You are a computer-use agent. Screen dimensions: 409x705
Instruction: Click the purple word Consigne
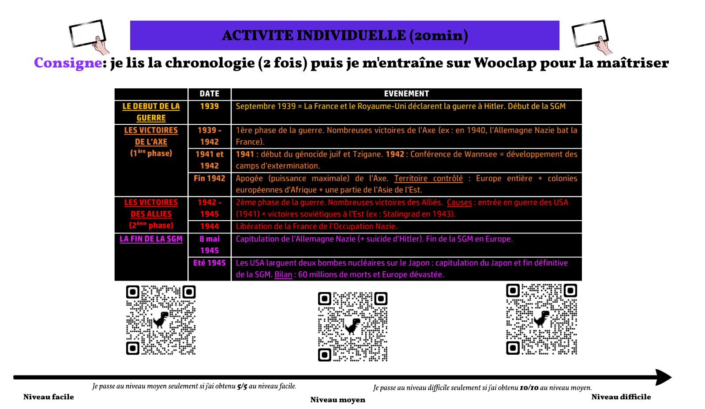coord(68,63)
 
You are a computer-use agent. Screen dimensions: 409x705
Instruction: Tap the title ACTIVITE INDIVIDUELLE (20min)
coord(345,35)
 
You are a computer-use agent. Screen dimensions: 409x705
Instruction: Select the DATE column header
coord(209,94)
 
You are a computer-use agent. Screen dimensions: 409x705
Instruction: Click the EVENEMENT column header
coord(406,94)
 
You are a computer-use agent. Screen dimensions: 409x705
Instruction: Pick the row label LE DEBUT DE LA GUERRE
coord(151,112)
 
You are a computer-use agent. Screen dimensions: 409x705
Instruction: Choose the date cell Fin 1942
coord(209,178)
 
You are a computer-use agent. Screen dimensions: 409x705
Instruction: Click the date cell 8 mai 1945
coord(209,244)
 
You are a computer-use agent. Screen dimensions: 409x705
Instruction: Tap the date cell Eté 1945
coord(209,263)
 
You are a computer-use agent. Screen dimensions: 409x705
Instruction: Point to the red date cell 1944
coord(209,226)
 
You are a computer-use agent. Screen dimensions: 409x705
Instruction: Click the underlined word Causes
coord(459,203)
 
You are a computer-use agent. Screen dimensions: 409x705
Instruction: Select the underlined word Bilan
coord(283,274)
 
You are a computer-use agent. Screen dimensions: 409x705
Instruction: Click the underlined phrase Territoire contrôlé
coord(428,178)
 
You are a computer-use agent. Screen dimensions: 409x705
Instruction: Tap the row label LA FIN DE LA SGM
coord(151,239)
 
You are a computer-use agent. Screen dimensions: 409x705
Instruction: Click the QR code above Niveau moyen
coord(352,326)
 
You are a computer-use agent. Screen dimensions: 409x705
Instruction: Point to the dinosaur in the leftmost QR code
coord(161,319)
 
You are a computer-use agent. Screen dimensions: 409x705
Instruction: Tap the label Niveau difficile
coord(621,397)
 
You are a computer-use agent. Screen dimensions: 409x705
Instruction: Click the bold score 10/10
coord(529,388)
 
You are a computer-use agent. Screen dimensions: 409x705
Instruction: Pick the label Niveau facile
coord(49,397)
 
